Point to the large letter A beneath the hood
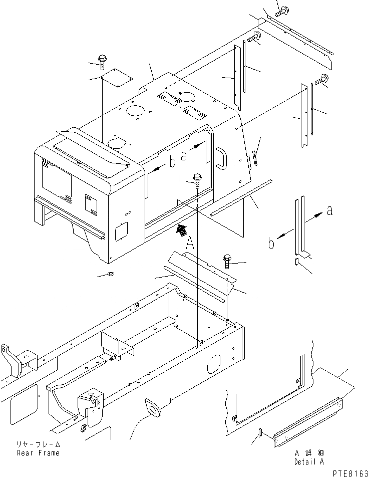[190, 244]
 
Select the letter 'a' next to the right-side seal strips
[329, 211]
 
